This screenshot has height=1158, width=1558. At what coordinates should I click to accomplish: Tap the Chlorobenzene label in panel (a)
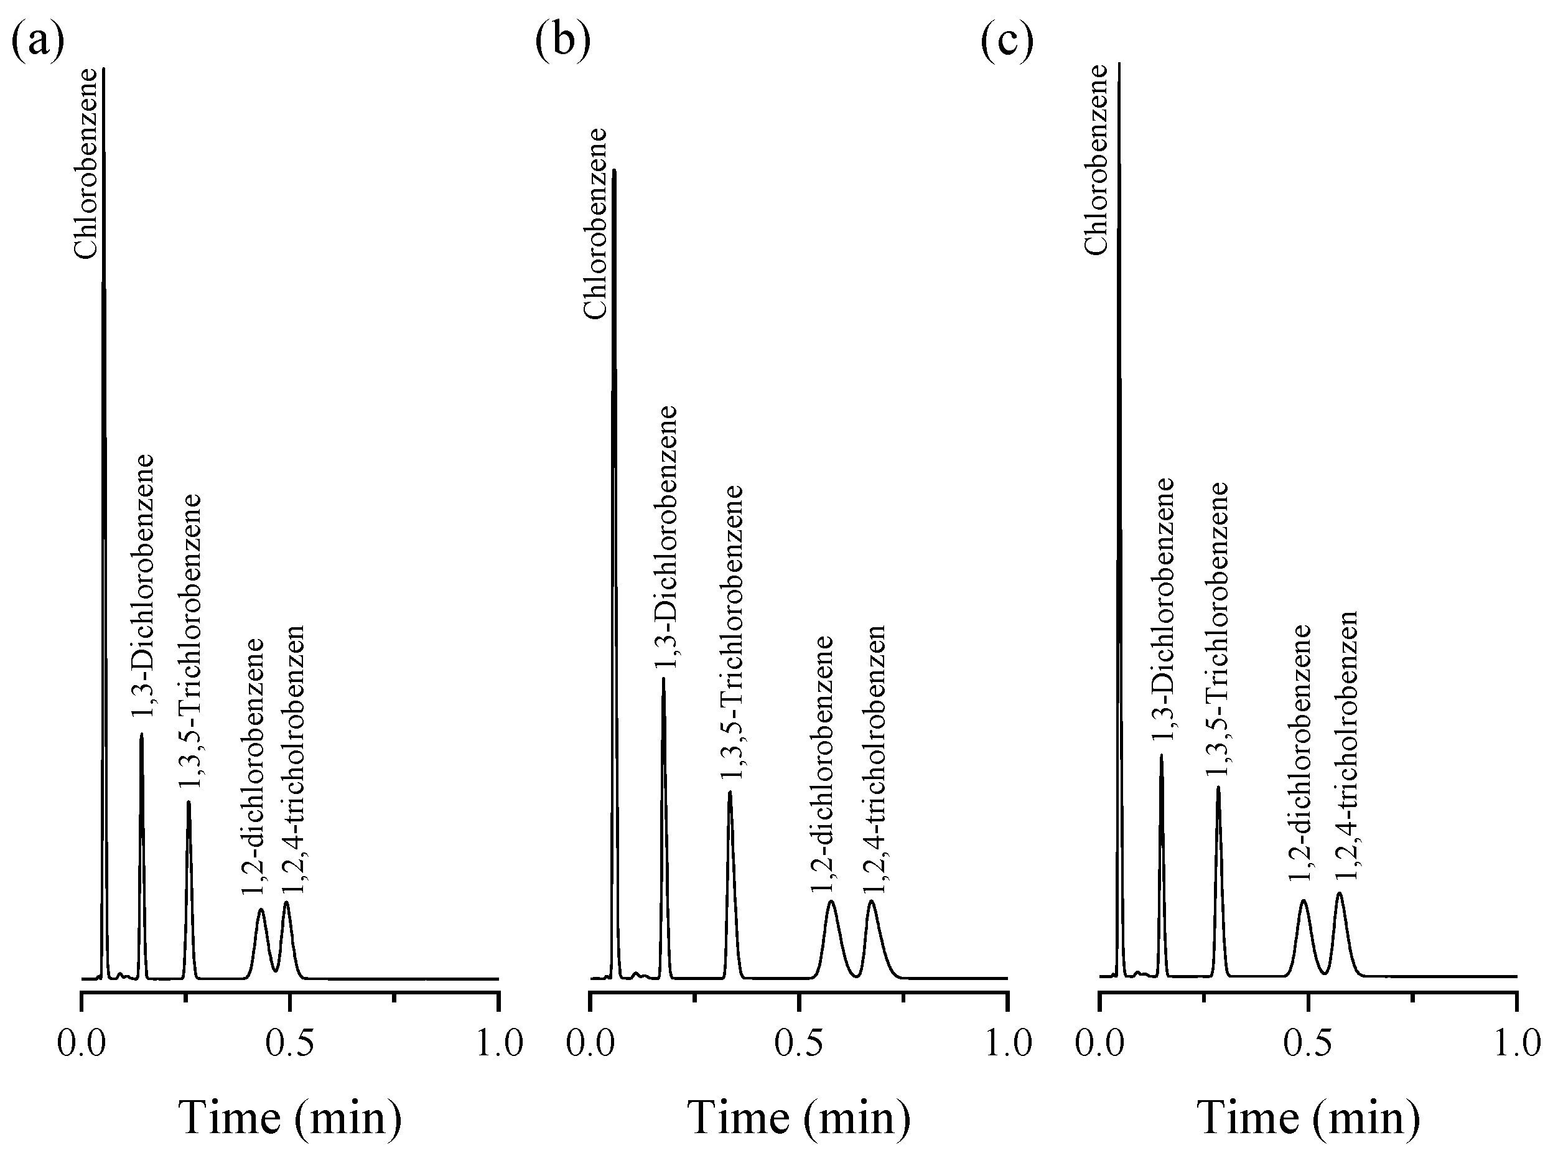[86, 163]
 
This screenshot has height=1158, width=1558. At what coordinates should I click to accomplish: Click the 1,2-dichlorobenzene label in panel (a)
[253, 765]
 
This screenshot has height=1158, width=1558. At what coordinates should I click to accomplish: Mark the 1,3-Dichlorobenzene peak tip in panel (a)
[142, 735]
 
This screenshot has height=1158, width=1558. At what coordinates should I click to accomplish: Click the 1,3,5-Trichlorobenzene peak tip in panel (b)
[730, 792]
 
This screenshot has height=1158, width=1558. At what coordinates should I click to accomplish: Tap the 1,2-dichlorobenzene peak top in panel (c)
[1304, 901]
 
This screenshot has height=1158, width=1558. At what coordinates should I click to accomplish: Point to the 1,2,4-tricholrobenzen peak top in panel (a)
[286, 903]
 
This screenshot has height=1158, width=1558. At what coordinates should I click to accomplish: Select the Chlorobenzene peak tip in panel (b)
[614, 170]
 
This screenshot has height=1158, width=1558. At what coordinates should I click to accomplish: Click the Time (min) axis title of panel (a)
[290, 1118]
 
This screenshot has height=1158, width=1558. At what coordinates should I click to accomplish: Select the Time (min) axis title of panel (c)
[1308, 1118]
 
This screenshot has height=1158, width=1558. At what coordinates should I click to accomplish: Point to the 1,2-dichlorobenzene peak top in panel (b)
[831, 902]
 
